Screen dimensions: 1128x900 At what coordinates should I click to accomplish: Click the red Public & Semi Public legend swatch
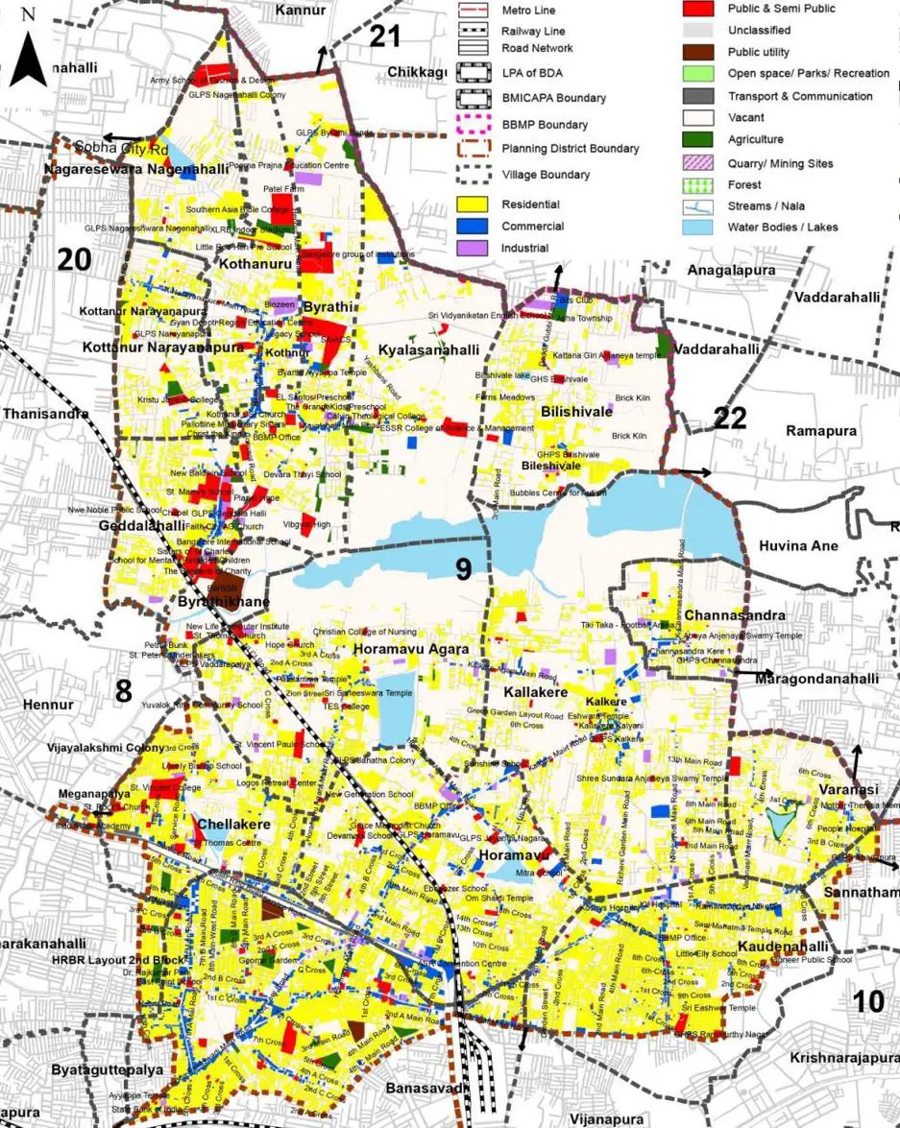click(698, 9)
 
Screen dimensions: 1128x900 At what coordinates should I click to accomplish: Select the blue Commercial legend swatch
click(474, 227)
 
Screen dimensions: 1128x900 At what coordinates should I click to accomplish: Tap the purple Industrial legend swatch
click(474, 248)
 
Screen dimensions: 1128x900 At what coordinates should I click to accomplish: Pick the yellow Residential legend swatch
click(474, 204)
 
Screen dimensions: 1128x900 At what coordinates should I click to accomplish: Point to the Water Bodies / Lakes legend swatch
click(698, 228)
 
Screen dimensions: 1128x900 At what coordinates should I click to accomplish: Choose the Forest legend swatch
click(698, 184)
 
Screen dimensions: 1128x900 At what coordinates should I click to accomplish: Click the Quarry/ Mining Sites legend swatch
click(698, 163)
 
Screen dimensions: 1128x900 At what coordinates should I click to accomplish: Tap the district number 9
click(463, 569)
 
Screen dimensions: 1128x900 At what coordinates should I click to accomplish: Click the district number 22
click(730, 418)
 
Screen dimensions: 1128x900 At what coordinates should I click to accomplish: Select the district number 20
click(74, 259)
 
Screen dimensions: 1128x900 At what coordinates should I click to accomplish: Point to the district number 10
click(868, 1001)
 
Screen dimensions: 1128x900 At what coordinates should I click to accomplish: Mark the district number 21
click(384, 36)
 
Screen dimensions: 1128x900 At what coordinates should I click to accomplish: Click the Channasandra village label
click(721, 614)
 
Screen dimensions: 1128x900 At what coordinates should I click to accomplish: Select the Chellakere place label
click(233, 824)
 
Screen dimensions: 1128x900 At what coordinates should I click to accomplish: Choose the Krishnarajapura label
click(843, 1058)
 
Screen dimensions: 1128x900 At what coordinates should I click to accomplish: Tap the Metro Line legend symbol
click(474, 10)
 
